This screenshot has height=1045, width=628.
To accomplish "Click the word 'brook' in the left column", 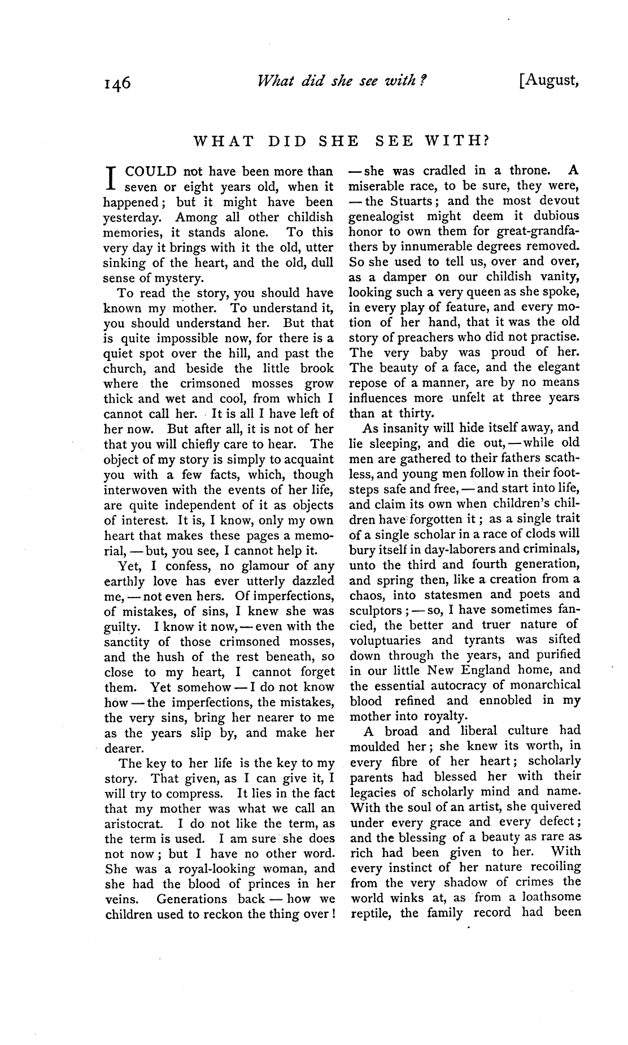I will pos(317,368).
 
